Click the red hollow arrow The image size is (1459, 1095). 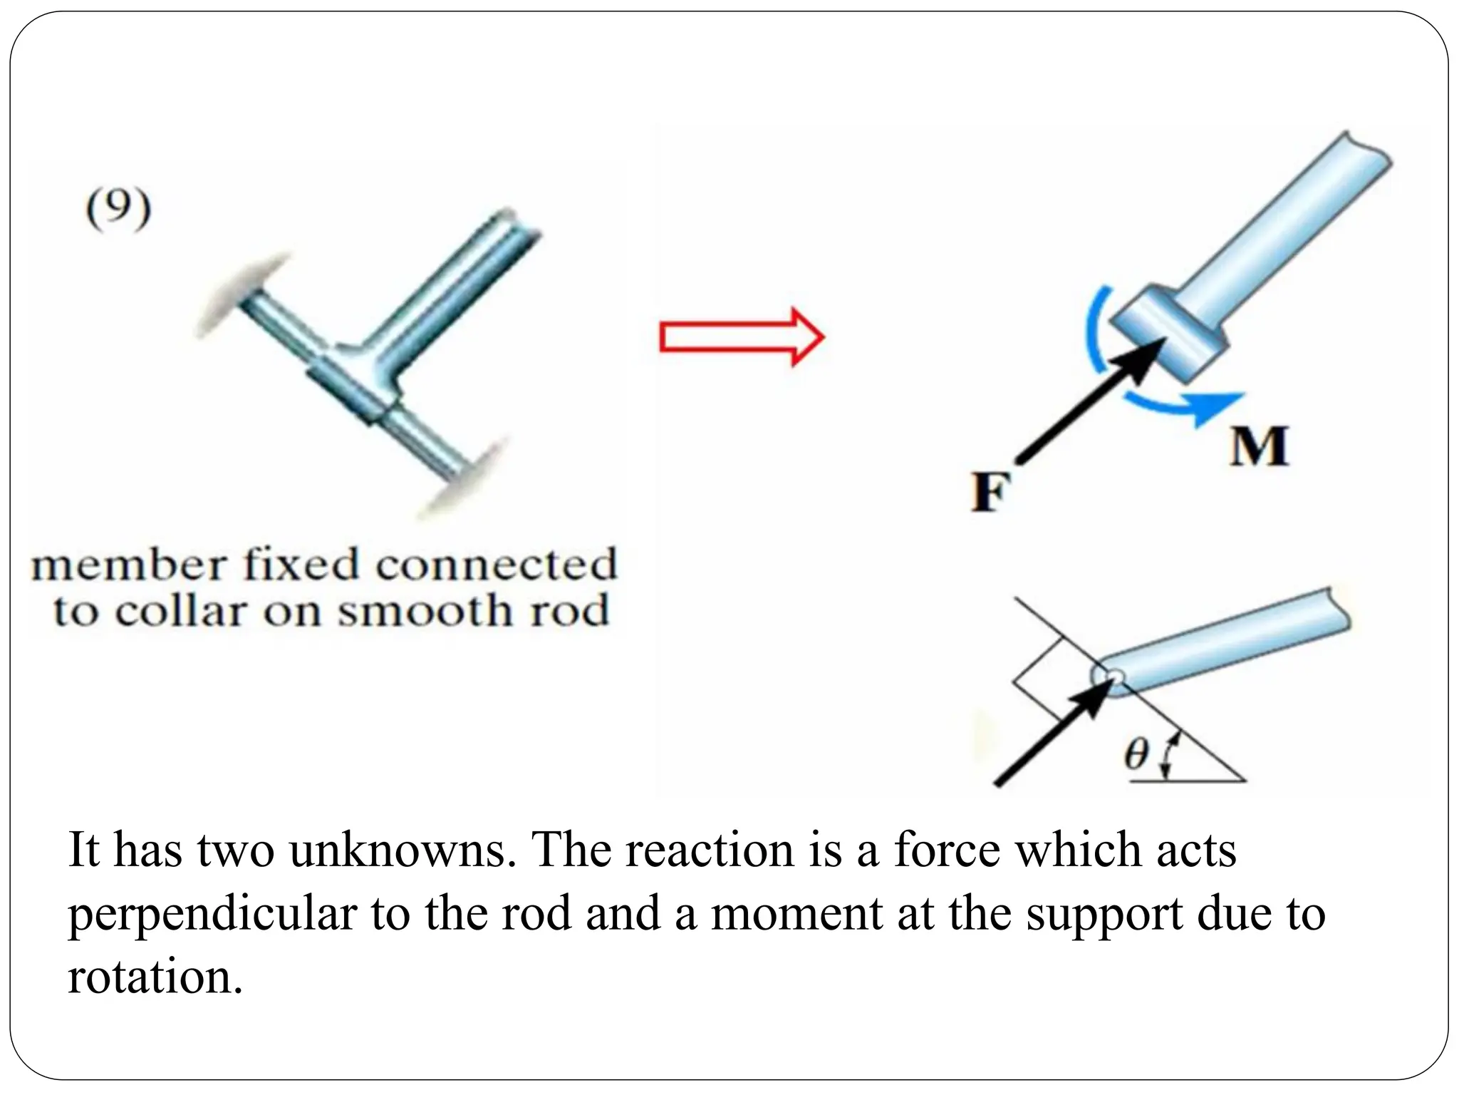click(742, 336)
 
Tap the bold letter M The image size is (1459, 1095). click(1259, 447)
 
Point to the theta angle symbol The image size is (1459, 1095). click(1137, 754)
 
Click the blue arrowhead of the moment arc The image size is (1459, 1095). click(1224, 406)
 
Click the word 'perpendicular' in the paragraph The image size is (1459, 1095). click(212, 913)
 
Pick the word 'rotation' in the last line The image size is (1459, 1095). click(150, 975)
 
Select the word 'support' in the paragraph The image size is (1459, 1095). click(1104, 913)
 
